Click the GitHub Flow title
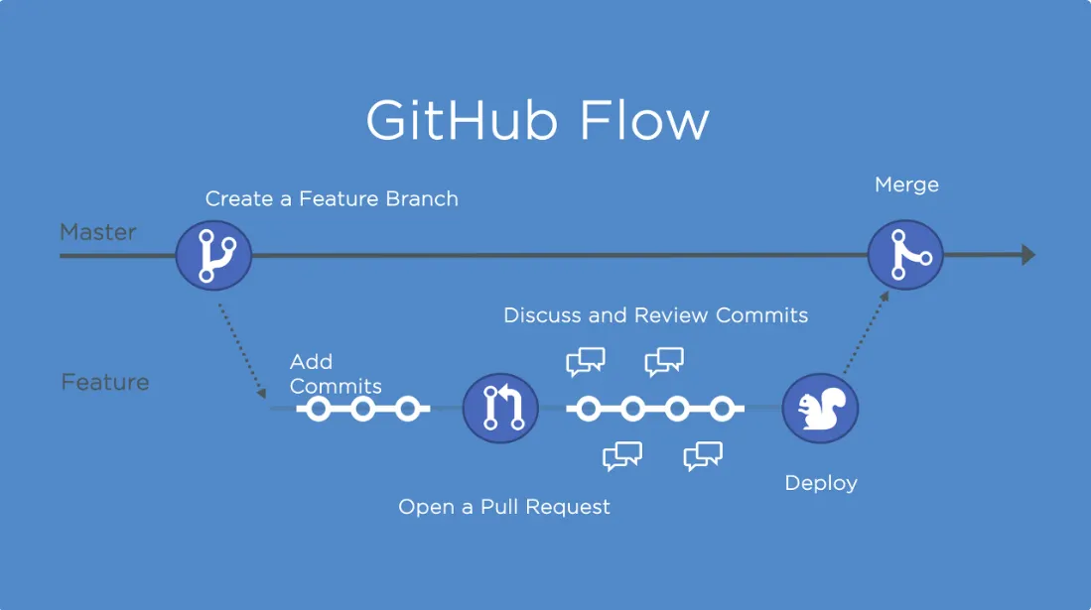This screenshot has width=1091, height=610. point(537,120)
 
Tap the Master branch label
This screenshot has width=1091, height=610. point(98,232)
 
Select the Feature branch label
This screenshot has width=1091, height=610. point(105,382)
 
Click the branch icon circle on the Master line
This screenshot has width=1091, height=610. point(213,255)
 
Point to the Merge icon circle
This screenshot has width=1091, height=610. point(905,255)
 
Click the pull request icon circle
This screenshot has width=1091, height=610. point(500,409)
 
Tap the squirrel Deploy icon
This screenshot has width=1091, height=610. point(820,409)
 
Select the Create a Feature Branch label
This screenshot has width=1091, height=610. point(332,199)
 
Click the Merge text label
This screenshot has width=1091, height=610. point(906,184)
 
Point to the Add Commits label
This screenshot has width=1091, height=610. point(336,374)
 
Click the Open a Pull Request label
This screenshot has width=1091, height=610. point(503,507)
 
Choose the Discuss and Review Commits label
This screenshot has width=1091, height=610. point(655,315)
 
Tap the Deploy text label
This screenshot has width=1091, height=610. point(821,483)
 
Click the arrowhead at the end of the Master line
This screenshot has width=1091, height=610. point(1028,255)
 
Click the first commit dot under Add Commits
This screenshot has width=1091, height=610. point(318,409)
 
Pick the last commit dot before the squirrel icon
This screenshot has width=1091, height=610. point(722,409)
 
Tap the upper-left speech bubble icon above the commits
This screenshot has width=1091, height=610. point(585,362)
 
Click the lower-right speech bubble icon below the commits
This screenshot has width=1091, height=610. point(703,456)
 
